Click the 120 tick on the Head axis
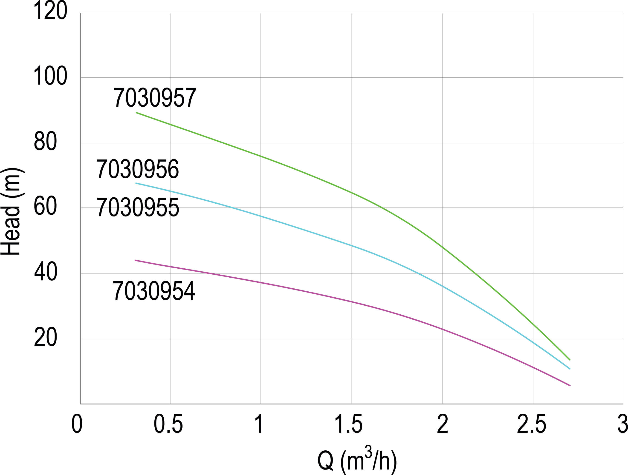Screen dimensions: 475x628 pos(50,11)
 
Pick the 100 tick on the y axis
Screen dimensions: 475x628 pos(50,76)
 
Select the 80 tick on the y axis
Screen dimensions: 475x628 pos(45,141)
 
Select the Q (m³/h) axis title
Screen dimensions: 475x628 pos(357,460)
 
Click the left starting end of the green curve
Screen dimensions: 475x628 pos(136,113)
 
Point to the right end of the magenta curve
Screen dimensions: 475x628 pos(570,386)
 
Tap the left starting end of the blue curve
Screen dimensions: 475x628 pos(136,183)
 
